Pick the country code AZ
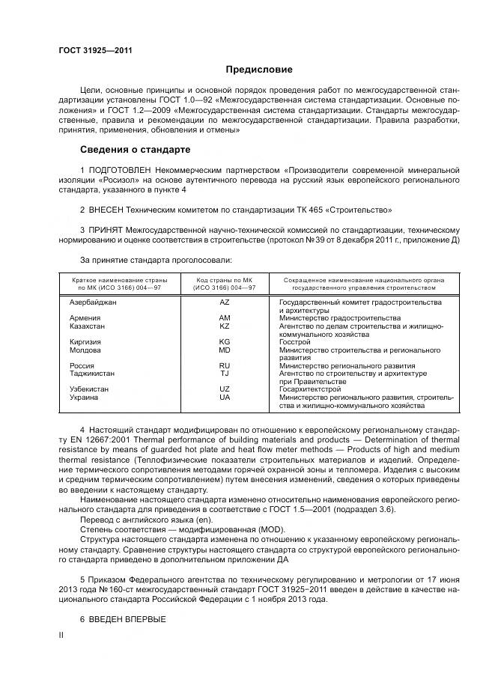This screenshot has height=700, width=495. [225, 302]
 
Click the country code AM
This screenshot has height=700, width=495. [225, 318]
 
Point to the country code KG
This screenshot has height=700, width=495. [225, 342]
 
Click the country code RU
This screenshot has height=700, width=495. [225, 365]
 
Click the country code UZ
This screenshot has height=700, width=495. [225, 389]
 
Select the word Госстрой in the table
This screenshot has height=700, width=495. [294, 342]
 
